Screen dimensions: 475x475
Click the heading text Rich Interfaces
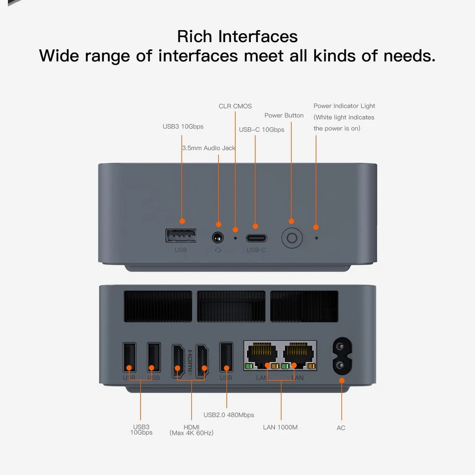tap(237, 37)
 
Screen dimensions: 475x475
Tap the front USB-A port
tap(181, 236)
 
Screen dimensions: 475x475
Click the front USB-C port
tap(256, 237)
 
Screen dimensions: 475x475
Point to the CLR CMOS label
tap(235, 106)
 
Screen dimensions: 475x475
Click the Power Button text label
tap(284, 115)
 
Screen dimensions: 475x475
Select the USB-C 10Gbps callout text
tap(261, 130)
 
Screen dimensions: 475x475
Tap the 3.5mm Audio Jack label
tap(209, 148)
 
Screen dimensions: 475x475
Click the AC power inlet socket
tap(341, 356)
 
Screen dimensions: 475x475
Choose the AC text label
tap(341, 427)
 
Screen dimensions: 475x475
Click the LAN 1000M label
tap(280, 427)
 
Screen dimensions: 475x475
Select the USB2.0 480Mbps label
tap(229, 415)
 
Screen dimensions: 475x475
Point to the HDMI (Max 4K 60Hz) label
tap(191, 430)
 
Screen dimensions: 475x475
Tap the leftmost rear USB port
tap(129, 357)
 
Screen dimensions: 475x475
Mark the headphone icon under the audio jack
tap(218, 250)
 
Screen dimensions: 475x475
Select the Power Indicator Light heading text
tap(344, 106)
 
